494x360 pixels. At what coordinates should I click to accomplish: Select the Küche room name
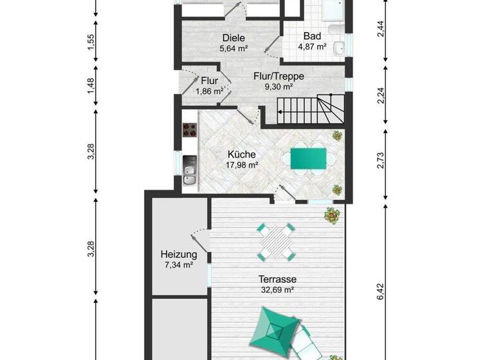tap(242, 154)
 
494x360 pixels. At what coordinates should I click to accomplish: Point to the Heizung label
tap(178, 255)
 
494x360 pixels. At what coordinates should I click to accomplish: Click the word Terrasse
tap(277, 280)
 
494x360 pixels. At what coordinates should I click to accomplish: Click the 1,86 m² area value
tap(210, 91)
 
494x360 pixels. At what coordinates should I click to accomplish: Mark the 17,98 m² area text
tap(242, 165)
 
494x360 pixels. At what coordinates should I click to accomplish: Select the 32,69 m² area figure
tap(277, 290)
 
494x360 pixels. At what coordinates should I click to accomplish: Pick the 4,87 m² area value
tap(312, 47)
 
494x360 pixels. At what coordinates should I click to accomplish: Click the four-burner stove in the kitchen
tap(190, 130)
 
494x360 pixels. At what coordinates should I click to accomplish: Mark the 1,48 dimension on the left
tap(91, 85)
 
